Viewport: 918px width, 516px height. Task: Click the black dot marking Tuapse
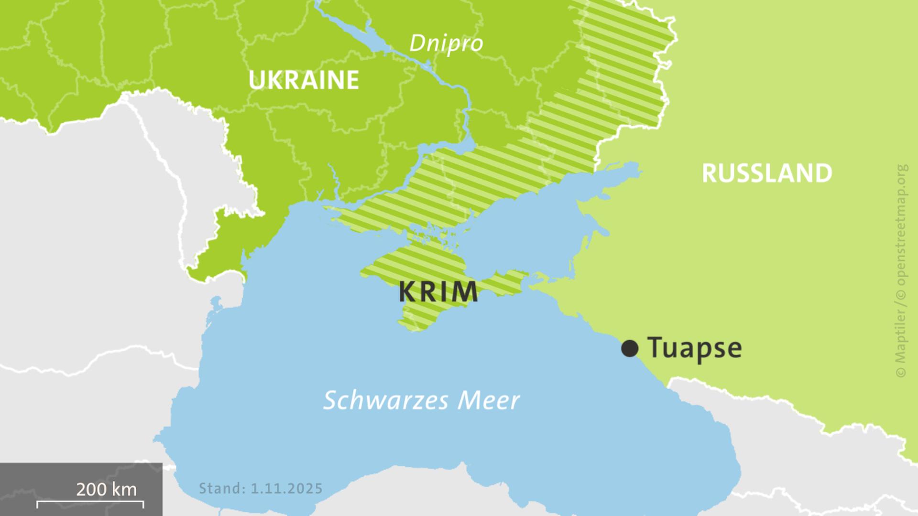[x=630, y=348]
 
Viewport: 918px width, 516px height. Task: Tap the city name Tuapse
[x=694, y=348]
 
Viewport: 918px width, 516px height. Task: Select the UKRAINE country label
[x=304, y=80]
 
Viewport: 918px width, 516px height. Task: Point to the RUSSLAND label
[x=766, y=173]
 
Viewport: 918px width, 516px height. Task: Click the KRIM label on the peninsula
[x=438, y=292]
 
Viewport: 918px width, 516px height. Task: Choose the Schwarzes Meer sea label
[x=421, y=400]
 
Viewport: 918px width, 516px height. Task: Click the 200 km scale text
[x=106, y=489]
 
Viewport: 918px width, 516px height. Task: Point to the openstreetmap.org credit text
[x=902, y=225]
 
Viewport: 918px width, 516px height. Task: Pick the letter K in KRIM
[x=407, y=292]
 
